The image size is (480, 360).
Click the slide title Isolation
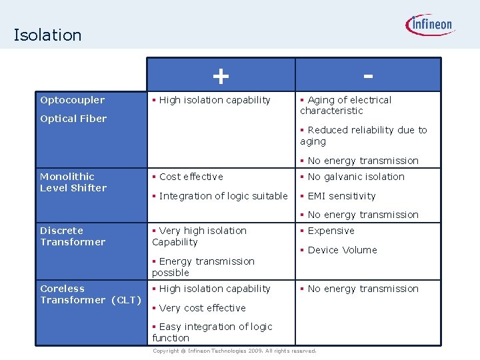point(47,35)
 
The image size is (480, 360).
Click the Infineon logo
point(430,26)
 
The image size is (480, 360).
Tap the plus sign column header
point(220,75)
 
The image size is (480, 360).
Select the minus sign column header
point(367,75)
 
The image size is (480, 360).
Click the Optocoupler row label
point(72,100)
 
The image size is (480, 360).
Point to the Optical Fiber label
point(73,119)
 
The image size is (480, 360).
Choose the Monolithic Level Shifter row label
point(73,182)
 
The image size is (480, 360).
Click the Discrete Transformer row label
point(73,236)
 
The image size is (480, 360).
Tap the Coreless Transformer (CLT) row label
point(91,294)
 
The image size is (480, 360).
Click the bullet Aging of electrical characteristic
point(347,105)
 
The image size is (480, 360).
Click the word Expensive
point(331,231)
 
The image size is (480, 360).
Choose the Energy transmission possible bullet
point(203,267)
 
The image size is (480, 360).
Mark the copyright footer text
point(234,351)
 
